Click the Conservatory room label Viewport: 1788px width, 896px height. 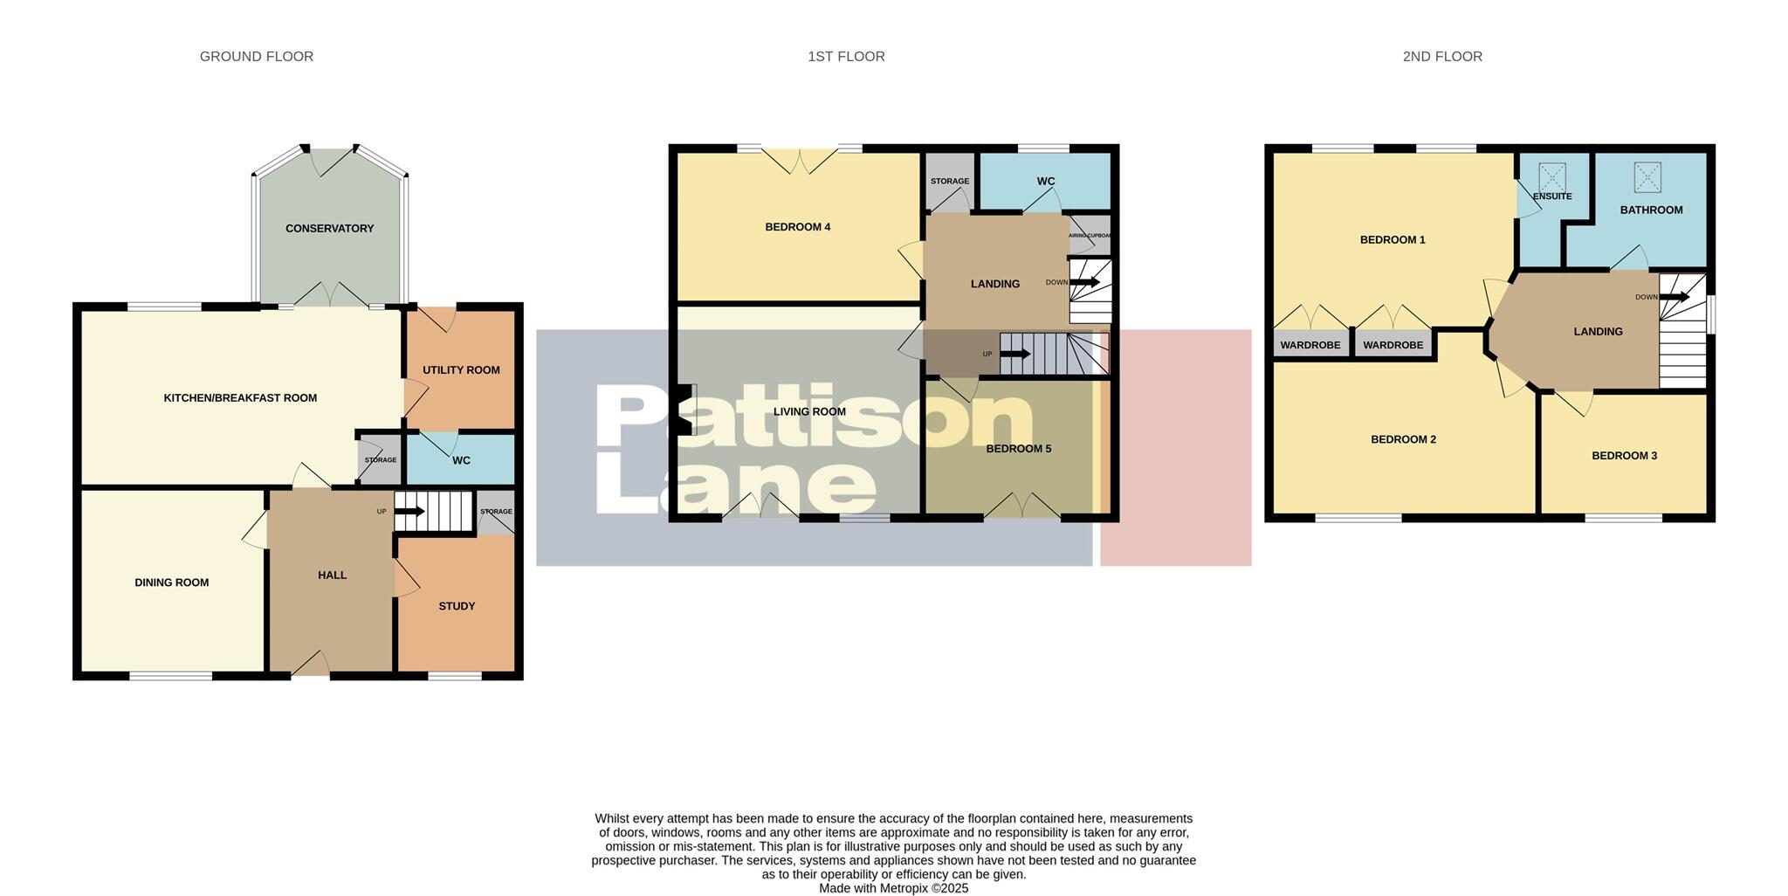point(329,229)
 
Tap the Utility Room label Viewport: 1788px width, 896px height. point(461,370)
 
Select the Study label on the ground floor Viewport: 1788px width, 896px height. point(457,606)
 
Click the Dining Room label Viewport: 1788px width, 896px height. point(172,582)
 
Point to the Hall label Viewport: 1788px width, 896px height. point(333,576)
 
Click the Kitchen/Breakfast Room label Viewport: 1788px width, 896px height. point(240,398)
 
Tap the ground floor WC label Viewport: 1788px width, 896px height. point(461,460)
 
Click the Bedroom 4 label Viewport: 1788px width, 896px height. point(797,227)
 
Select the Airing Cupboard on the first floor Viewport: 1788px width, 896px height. point(1090,236)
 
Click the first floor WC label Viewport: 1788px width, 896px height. point(1046,182)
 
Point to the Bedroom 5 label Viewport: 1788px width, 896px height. point(1018,449)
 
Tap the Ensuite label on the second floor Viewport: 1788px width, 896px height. point(1552,196)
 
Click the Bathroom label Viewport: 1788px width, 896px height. point(1651,210)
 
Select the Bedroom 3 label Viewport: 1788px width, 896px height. point(1624,456)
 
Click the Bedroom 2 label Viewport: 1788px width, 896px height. point(1403,440)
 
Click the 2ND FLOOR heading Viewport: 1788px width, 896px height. point(1442,57)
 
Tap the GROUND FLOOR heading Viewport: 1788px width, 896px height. point(257,57)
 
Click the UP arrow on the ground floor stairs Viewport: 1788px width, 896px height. point(409,512)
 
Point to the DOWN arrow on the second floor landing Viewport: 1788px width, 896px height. point(1675,297)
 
